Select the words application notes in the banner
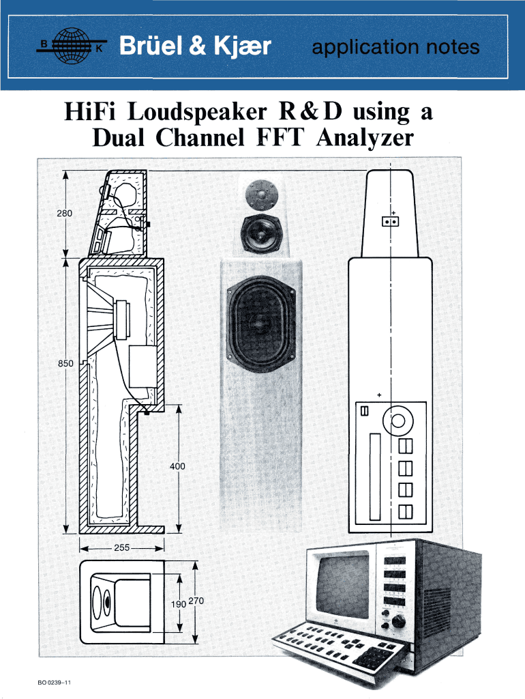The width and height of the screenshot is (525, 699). point(395,48)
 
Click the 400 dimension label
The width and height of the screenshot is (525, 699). point(178,466)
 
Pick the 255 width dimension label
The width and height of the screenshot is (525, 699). point(122,547)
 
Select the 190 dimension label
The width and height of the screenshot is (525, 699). point(179,603)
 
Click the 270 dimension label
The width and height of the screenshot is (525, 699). point(196,601)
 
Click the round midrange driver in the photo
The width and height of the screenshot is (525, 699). point(259,232)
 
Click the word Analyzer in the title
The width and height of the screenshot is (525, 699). point(365,139)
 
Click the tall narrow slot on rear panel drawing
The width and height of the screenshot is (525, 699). point(374,475)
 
